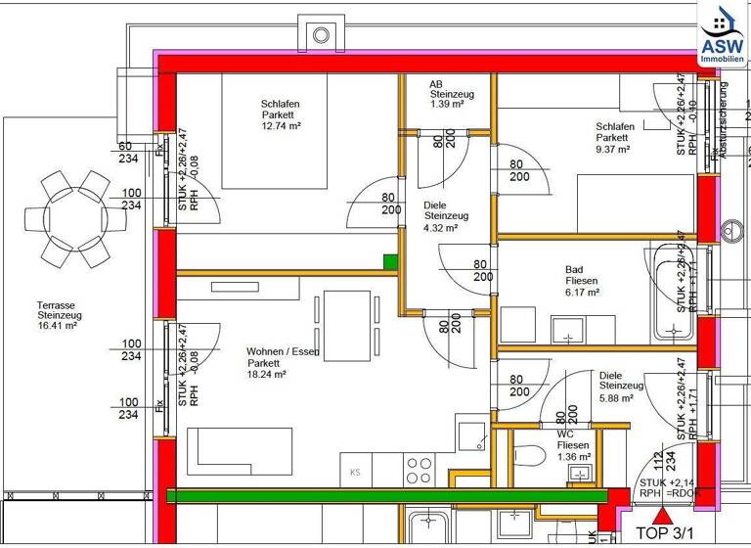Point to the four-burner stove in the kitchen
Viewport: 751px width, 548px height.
(420, 471)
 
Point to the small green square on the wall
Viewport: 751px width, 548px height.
(390, 261)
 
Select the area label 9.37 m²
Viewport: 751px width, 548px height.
(612, 150)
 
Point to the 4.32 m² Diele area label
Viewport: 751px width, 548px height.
(439, 228)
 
